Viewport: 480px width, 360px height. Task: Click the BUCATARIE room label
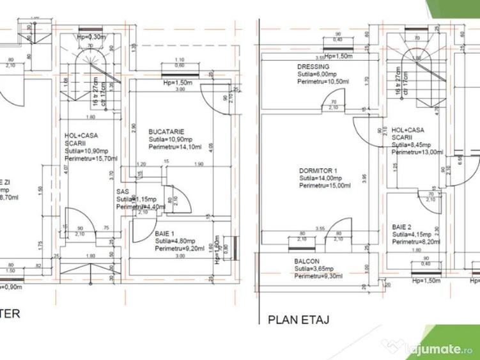[163, 131]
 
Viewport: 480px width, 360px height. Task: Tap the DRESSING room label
[313, 67]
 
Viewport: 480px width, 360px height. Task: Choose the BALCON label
[307, 262]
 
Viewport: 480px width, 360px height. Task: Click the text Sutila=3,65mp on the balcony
[316, 269]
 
